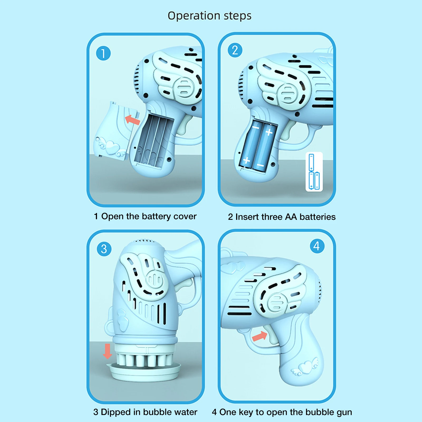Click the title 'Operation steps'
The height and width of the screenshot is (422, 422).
pos(210,16)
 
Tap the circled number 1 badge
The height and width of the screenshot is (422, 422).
pos(103,53)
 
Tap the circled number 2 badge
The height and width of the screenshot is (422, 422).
pos(235,50)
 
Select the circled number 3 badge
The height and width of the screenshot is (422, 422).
pos(104,249)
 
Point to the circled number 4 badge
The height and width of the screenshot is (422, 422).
pos(317,246)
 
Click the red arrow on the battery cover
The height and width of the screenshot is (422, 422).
pos(132,120)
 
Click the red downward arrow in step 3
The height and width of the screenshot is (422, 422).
pos(107,351)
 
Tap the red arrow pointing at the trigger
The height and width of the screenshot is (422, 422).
pos(260,336)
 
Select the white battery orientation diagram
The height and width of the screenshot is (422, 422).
pos(314,172)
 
